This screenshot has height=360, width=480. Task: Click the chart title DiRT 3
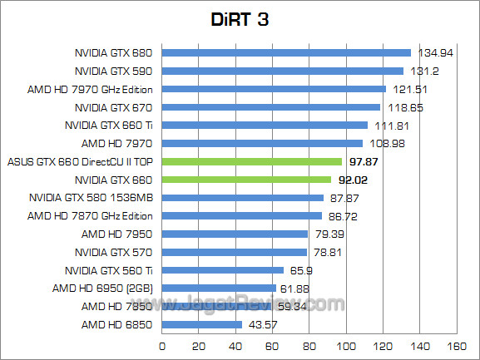click(240, 19)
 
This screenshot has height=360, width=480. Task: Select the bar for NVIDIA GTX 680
click(286, 53)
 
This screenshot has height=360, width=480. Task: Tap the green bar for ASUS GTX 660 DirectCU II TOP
click(252, 161)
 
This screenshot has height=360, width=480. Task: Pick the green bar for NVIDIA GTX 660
click(246, 180)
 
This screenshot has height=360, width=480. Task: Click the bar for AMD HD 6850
click(202, 324)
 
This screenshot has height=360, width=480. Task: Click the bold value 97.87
click(364, 161)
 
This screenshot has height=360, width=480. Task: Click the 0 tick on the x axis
click(162, 345)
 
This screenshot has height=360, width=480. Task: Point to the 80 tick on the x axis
click(309, 345)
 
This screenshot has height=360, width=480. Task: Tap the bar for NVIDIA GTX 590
click(283, 71)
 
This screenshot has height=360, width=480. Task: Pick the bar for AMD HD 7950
click(235, 234)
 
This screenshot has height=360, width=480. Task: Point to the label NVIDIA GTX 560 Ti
click(109, 270)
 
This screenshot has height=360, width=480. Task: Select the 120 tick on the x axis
click(383, 345)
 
